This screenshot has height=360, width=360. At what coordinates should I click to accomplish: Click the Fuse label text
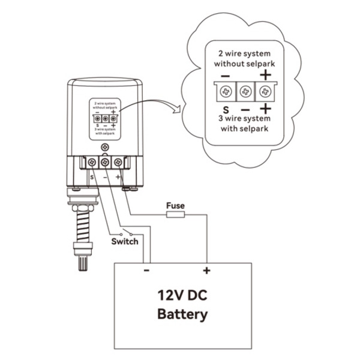pos(175,205)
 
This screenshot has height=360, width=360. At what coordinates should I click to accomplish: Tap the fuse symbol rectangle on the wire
pos(175,215)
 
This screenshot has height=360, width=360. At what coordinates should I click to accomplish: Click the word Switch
pos(125,242)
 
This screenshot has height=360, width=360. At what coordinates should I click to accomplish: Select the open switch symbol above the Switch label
pos(126,232)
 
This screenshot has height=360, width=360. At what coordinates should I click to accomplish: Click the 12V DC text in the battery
pos(182,295)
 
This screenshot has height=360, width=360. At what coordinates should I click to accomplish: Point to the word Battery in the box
pos(182,314)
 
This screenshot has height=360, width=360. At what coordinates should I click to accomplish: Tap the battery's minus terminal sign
pos(146,271)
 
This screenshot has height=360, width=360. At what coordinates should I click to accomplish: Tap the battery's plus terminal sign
pos(206,271)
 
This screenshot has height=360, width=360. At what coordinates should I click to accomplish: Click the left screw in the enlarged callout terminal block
pos(226,92)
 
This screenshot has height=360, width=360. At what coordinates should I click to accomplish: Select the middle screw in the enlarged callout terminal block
pos(245,92)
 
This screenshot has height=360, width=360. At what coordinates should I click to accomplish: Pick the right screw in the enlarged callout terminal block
pos(265,92)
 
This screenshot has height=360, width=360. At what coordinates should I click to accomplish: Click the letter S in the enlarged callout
pos(226,110)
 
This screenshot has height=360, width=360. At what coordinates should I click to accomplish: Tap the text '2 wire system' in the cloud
pos(244,54)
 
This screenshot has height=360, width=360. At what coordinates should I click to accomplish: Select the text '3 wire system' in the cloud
pos(244,119)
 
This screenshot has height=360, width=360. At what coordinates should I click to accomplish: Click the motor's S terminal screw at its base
pos(92,163)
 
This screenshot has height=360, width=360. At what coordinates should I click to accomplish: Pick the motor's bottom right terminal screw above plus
pos(118,163)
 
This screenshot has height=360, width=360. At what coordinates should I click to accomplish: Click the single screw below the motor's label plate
pos(105,147)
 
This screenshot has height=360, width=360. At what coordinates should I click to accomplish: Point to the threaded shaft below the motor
pos(83,226)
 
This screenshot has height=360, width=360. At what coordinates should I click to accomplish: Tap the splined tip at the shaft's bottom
pos(83,263)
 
